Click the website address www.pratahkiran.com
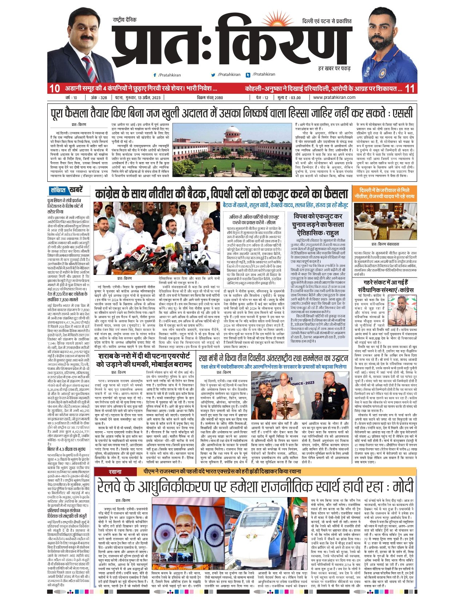coord(334,97)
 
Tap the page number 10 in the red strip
coord(55,88)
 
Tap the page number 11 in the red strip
coord(409,88)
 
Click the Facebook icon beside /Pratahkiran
coord(155,75)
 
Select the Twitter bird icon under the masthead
coord(214,75)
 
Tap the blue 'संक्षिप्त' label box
coord(58,190)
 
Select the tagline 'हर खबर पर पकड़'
coord(334,68)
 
